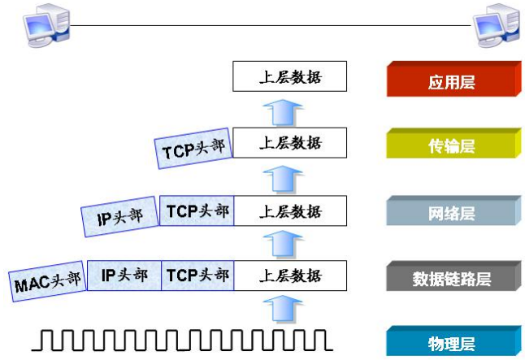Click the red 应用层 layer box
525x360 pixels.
(452, 81)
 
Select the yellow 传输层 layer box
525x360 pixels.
(452, 147)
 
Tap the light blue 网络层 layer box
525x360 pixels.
(452, 214)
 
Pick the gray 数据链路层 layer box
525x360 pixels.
(452, 279)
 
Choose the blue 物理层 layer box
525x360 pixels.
(452, 342)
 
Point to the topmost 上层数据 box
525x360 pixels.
(290, 77)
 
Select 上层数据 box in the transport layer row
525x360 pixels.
(290, 143)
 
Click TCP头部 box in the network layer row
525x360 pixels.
(197, 210)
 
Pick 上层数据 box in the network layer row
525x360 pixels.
(290, 211)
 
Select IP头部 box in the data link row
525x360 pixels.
(124, 275)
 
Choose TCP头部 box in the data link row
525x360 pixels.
(197, 275)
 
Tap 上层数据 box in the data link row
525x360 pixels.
(290, 276)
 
